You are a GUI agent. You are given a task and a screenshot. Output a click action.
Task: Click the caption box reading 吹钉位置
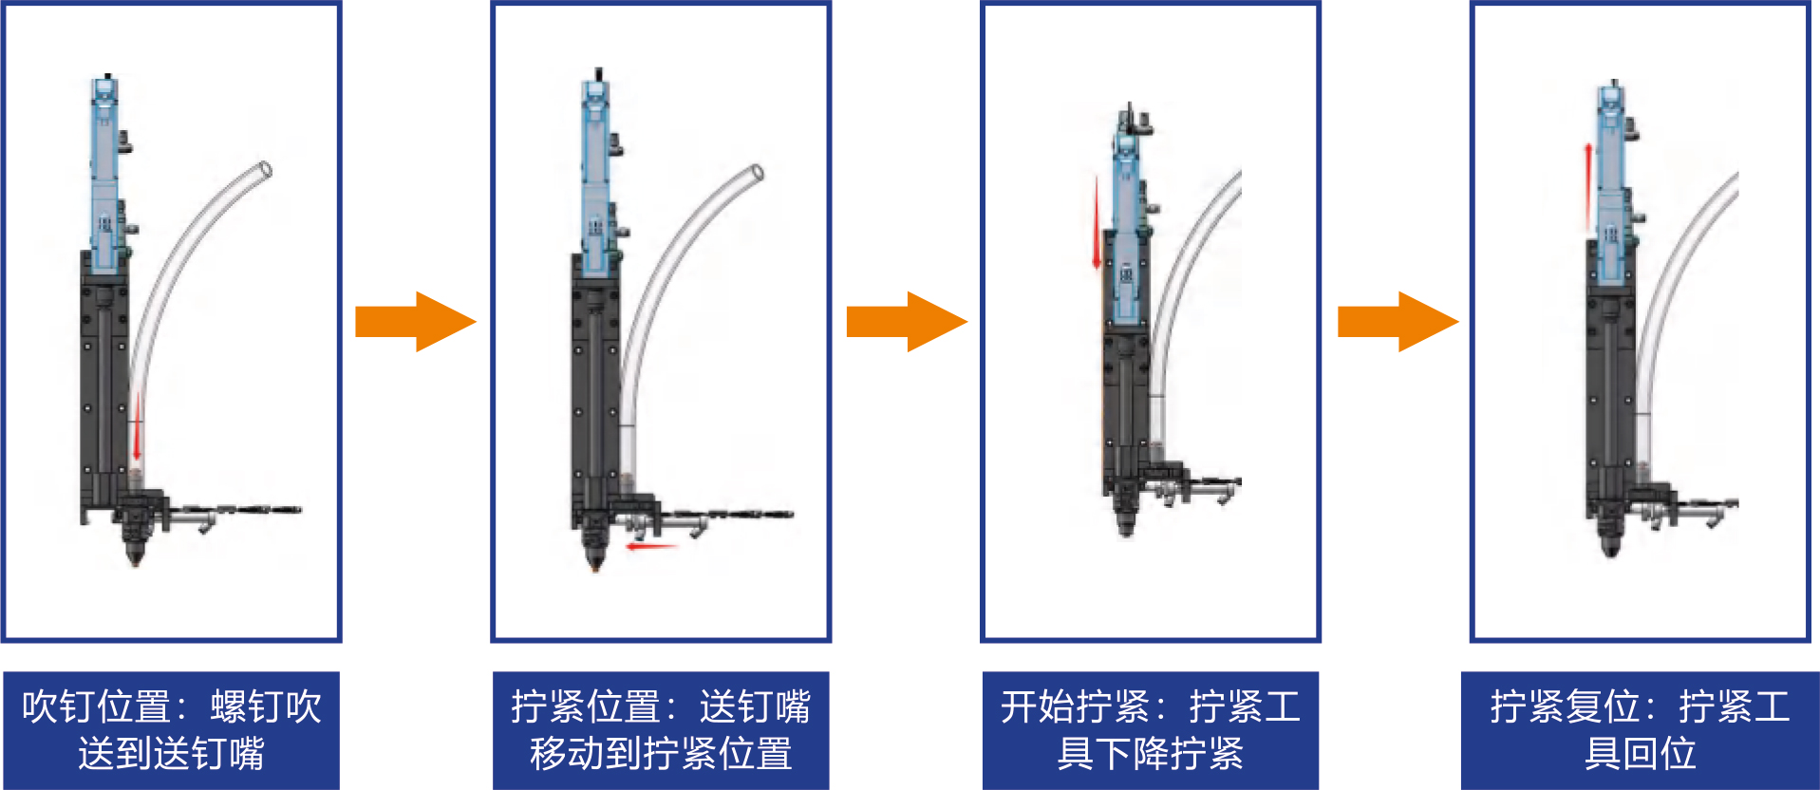pos(171,730)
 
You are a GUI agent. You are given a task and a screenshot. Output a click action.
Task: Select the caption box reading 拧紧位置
pos(661,730)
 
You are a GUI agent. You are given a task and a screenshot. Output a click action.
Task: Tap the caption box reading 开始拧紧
pos(1150,730)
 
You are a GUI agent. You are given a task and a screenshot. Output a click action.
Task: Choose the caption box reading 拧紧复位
pos(1640,730)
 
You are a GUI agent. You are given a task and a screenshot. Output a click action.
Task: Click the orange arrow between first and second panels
pos(415,322)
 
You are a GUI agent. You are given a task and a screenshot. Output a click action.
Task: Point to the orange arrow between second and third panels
pos(906,322)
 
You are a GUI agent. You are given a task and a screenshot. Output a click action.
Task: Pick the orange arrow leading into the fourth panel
pos(1397,322)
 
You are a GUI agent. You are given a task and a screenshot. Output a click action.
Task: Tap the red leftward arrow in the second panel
pos(651,547)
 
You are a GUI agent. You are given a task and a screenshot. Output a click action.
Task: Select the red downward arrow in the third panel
pos(1097,223)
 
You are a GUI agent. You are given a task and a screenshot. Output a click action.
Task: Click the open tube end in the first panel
pos(265,171)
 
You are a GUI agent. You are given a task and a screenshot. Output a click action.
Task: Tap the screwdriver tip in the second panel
pos(595,567)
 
